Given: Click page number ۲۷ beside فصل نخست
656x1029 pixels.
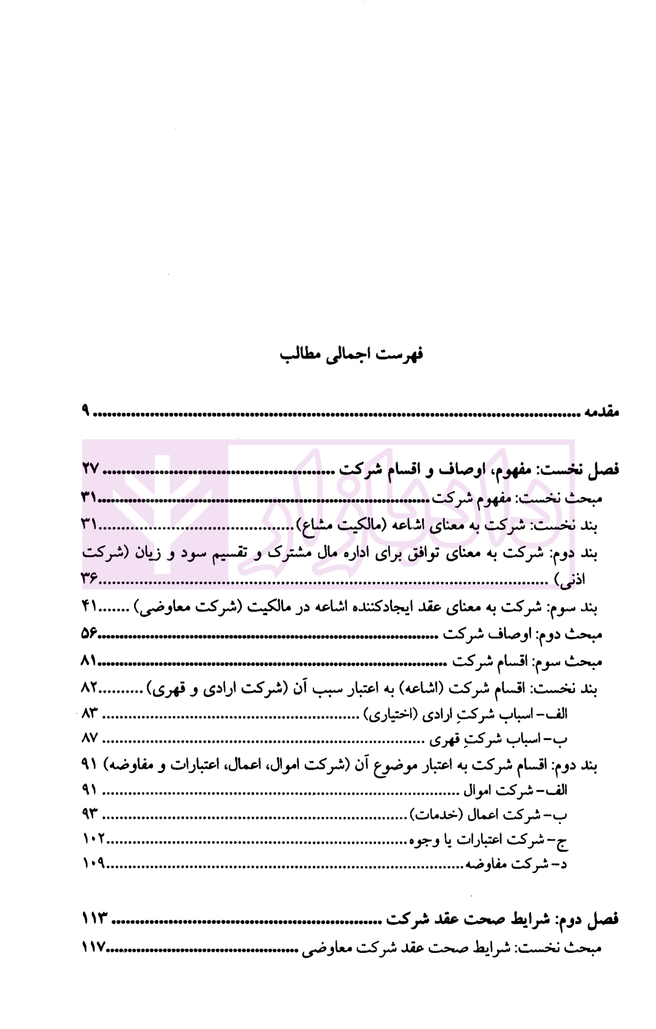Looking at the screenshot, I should coord(90,469).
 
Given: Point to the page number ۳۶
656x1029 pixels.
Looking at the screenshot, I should coord(89,579).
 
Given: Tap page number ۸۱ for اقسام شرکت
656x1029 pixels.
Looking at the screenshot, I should coord(89,661).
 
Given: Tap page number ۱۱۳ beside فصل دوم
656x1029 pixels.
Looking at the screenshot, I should coord(94,918).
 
